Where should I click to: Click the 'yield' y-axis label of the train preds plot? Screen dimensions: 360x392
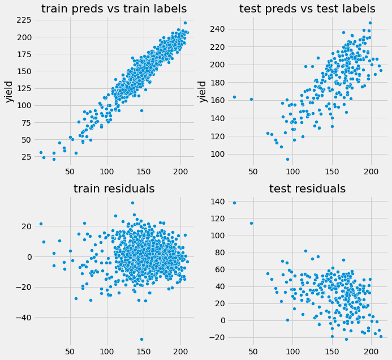pyautogui.click(x=10, y=90)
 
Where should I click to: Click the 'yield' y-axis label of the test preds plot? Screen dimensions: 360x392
pyautogui.click(x=203, y=90)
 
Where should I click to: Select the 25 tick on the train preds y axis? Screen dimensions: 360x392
pyautogui.click(x=24, y=156)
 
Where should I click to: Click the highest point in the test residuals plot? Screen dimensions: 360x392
pyautogui.click(x=234, y=203)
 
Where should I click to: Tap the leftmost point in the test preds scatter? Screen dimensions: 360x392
pyautogui.click(x=234, y=97)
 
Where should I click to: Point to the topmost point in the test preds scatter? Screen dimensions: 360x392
pyautogui.click(x=370, y=23)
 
